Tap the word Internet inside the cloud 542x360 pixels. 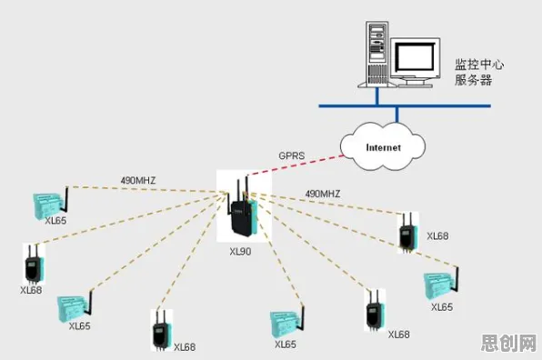[384, 148]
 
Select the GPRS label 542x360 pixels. [292, 155]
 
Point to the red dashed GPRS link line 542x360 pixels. [296, 165]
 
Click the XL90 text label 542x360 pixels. [240, 252]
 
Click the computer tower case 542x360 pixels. [376, 55]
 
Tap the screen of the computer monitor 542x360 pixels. [415, 56]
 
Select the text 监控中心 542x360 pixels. [479, 65]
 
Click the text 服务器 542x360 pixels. [473, 80]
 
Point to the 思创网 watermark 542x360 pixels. [509, 343]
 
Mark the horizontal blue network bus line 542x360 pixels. [405, 106]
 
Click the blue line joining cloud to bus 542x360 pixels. [396, 115]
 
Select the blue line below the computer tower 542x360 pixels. [377, 96]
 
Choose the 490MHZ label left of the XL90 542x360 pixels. [138, 180]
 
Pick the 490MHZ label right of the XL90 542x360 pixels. [323, 194]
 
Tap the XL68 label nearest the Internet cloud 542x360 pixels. [437, 236]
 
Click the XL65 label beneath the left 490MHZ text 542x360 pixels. [55, 220]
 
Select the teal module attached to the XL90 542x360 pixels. [255, 216]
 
